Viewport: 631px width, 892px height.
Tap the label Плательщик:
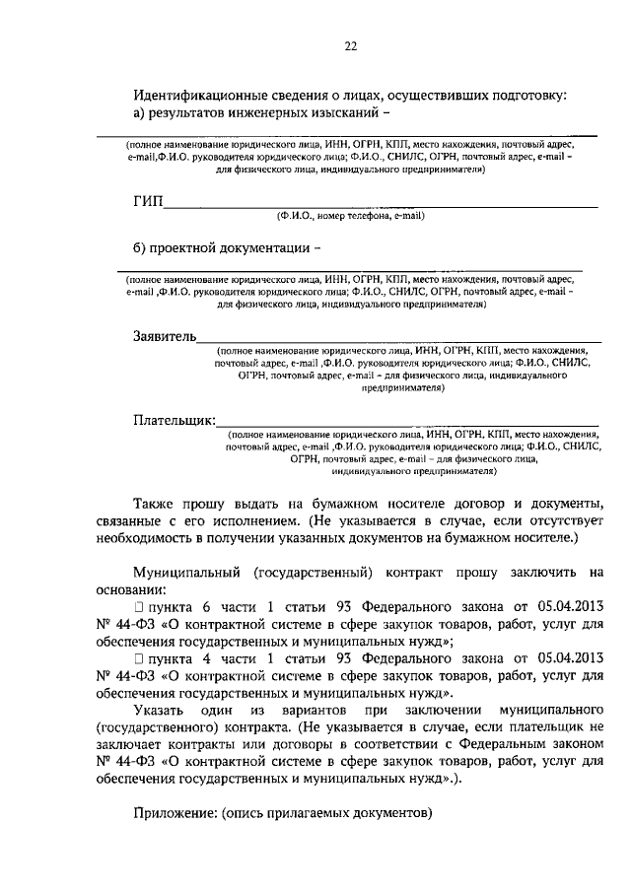(175, 420)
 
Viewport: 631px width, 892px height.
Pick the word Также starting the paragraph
(153, 503)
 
